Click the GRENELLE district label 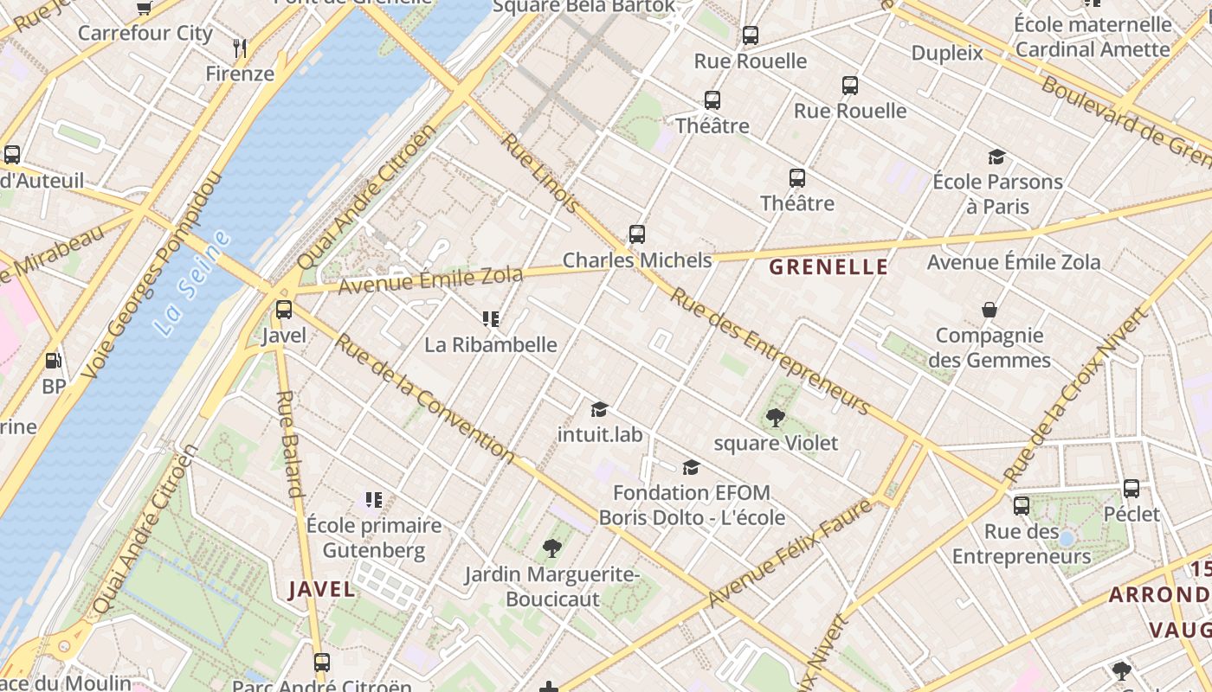coord(828,267)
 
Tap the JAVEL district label coord(321,590)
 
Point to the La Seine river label coord(192,284)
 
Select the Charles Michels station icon coord(637,234)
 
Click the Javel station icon coord(283,310)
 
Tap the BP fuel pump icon coord(54,361)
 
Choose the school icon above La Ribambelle coord(491,319)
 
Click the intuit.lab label coord(600,434)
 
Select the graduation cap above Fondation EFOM coord(691,468)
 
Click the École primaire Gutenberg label coord(374,538)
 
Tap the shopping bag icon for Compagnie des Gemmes coord(990,310)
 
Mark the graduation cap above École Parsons coord(997,157)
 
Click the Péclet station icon coord(1131,489)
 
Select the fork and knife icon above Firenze coord(241,48)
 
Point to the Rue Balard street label coord(289,444)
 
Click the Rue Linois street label coord(540,173)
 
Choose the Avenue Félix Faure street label coord(790,554)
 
